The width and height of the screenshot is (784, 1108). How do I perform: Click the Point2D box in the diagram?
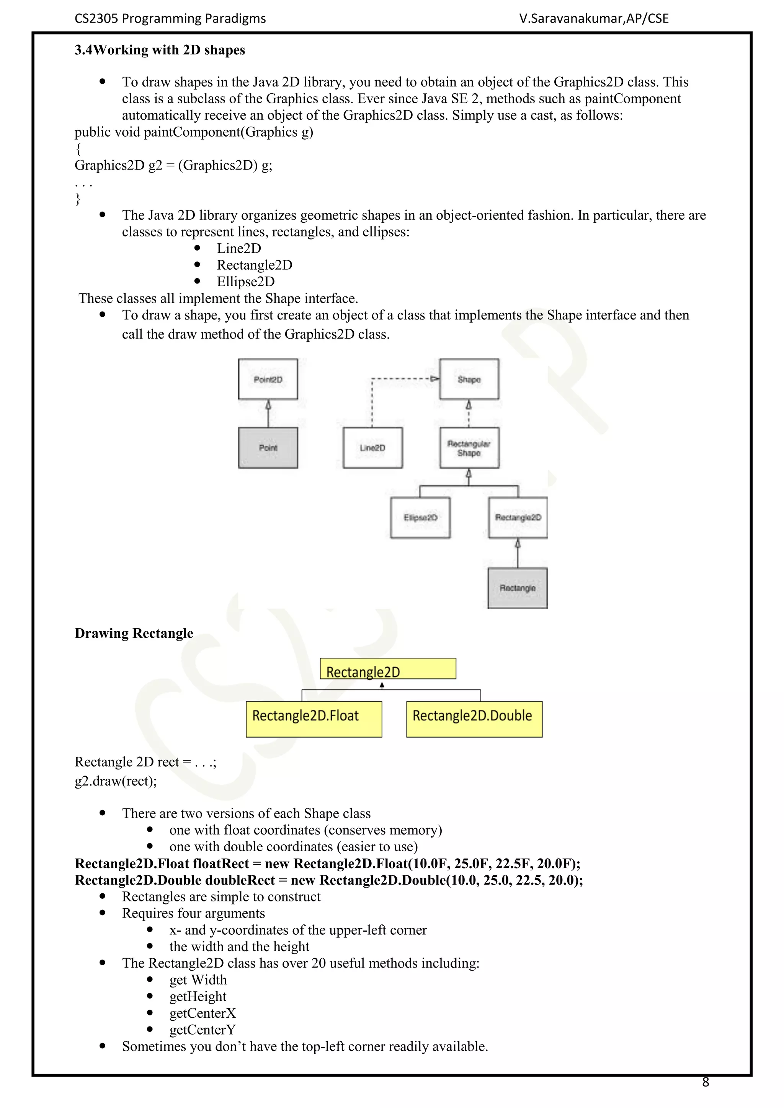coord(268,379)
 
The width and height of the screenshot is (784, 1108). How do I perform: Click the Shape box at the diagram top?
coord(469,379)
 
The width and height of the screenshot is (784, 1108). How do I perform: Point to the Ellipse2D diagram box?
coord(420,517)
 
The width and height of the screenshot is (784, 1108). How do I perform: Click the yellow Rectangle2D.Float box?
coord(314,719)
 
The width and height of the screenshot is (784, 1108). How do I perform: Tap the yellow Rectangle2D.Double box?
coord(474,719)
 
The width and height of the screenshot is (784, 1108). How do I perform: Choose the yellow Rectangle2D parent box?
coord(388,669)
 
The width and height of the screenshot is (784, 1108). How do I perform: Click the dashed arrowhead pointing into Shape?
coord(434,379)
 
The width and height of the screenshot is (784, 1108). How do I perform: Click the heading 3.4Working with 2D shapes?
coord(160,50)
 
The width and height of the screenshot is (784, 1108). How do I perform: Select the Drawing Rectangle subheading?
coord(134,633)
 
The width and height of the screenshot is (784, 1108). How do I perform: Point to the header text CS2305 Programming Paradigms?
coord(170,19)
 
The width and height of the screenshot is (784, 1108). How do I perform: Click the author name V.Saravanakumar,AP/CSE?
coord(594,19)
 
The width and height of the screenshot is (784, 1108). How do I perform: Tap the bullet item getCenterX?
coord(202,1013)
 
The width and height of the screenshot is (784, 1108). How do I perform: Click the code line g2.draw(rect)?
coord(116,781)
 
